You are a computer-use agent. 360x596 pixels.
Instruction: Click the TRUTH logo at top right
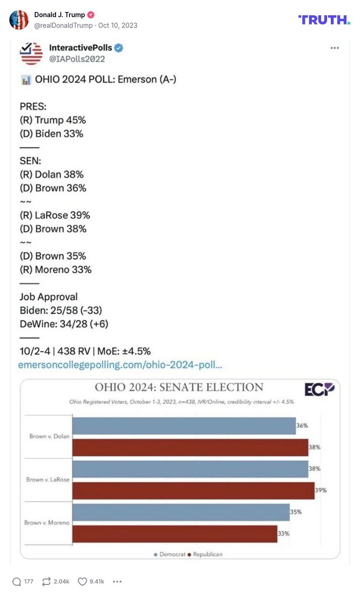pos(324,19)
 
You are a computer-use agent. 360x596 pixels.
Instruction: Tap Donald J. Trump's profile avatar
pos(19,20)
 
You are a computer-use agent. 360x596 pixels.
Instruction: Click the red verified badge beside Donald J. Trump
pos(91,15)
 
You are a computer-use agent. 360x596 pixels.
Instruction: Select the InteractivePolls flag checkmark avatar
pos(31,53)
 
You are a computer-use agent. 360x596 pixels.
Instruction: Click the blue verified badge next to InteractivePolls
pos(119,48)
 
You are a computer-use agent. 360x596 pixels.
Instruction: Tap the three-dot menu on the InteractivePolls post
pos(334,48)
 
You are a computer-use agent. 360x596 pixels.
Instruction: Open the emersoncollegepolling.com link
pos(120,365)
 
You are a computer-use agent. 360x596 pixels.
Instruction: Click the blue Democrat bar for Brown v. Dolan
pos(184,426)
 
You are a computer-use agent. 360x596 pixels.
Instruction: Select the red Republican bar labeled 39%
pos(193,490)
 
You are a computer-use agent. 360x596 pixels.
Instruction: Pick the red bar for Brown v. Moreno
pos(175,533)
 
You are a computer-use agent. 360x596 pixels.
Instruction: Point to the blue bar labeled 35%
pos(181,512)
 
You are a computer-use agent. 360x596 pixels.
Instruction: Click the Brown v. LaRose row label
pos(48,480)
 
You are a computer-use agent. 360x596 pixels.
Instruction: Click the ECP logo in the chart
pos(319,389)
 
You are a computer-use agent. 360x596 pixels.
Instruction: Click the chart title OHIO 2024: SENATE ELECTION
pos(179,387)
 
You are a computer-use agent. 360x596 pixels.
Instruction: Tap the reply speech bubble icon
pos(17,582)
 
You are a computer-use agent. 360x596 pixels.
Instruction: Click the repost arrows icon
pos(46,582)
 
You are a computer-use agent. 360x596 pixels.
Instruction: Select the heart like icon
pos(82,582)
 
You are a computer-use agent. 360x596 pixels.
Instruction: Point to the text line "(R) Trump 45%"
pos(52,120)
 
